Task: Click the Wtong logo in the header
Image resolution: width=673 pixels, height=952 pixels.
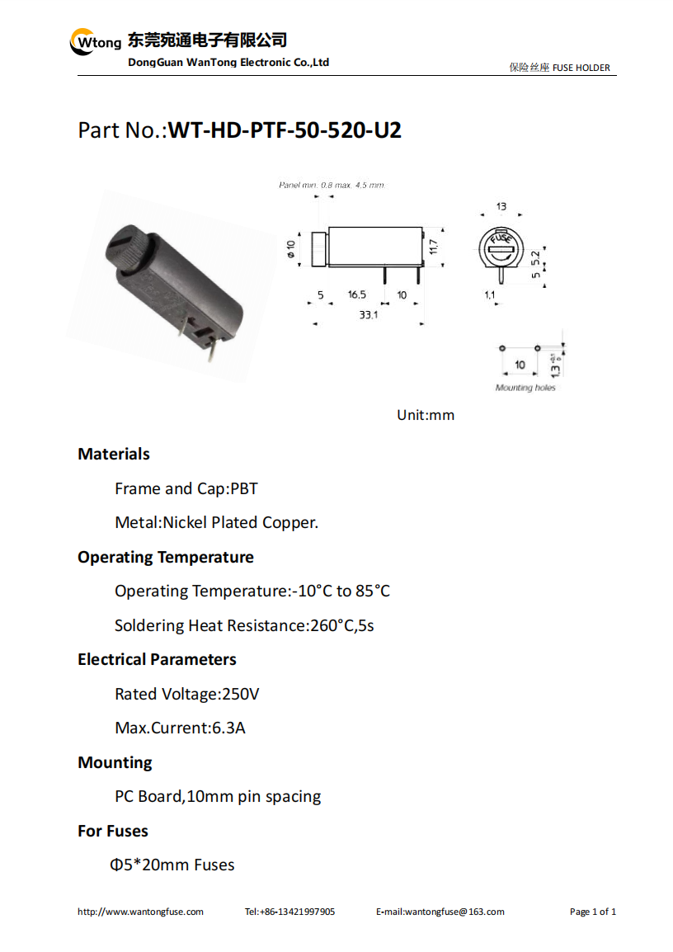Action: coord(96,42)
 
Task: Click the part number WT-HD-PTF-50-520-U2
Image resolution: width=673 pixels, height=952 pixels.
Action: coord(285,130)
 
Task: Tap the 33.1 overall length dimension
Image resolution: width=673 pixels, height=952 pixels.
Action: coord(368,315)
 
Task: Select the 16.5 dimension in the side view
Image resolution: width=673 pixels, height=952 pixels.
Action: coord(357,295)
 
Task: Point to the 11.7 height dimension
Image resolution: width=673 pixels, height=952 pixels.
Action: coord(433,247)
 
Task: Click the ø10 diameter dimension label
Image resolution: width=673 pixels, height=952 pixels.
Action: coord(291,249)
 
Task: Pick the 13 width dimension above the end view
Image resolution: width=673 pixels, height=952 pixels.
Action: coord(501,207)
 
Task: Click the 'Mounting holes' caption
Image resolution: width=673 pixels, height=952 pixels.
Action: coord(525,388)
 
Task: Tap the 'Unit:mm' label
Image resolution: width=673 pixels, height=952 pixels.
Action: coord(426,415)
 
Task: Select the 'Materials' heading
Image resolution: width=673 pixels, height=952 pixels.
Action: coord(114,455)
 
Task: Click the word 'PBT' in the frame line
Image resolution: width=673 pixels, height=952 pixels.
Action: coord(244,488)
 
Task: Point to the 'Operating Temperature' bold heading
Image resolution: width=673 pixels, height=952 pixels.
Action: coord(166,558)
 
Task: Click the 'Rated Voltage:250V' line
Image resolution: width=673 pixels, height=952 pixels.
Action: coord(187,694)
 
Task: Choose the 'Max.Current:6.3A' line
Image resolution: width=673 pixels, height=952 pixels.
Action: coord(181,728)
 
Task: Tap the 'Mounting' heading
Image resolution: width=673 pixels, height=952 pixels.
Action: coord(115,762)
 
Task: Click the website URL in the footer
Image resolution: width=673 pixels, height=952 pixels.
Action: coord(140,912)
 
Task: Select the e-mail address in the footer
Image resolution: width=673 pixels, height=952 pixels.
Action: coord(440,912)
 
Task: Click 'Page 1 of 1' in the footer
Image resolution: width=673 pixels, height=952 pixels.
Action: coord(593,912)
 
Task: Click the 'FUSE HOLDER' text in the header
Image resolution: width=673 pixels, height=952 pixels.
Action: coord(581,68)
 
